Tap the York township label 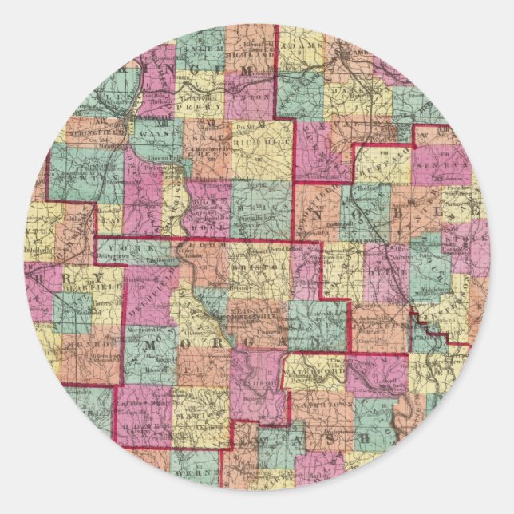tap(127, 248)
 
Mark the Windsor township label tap(263, 382)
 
